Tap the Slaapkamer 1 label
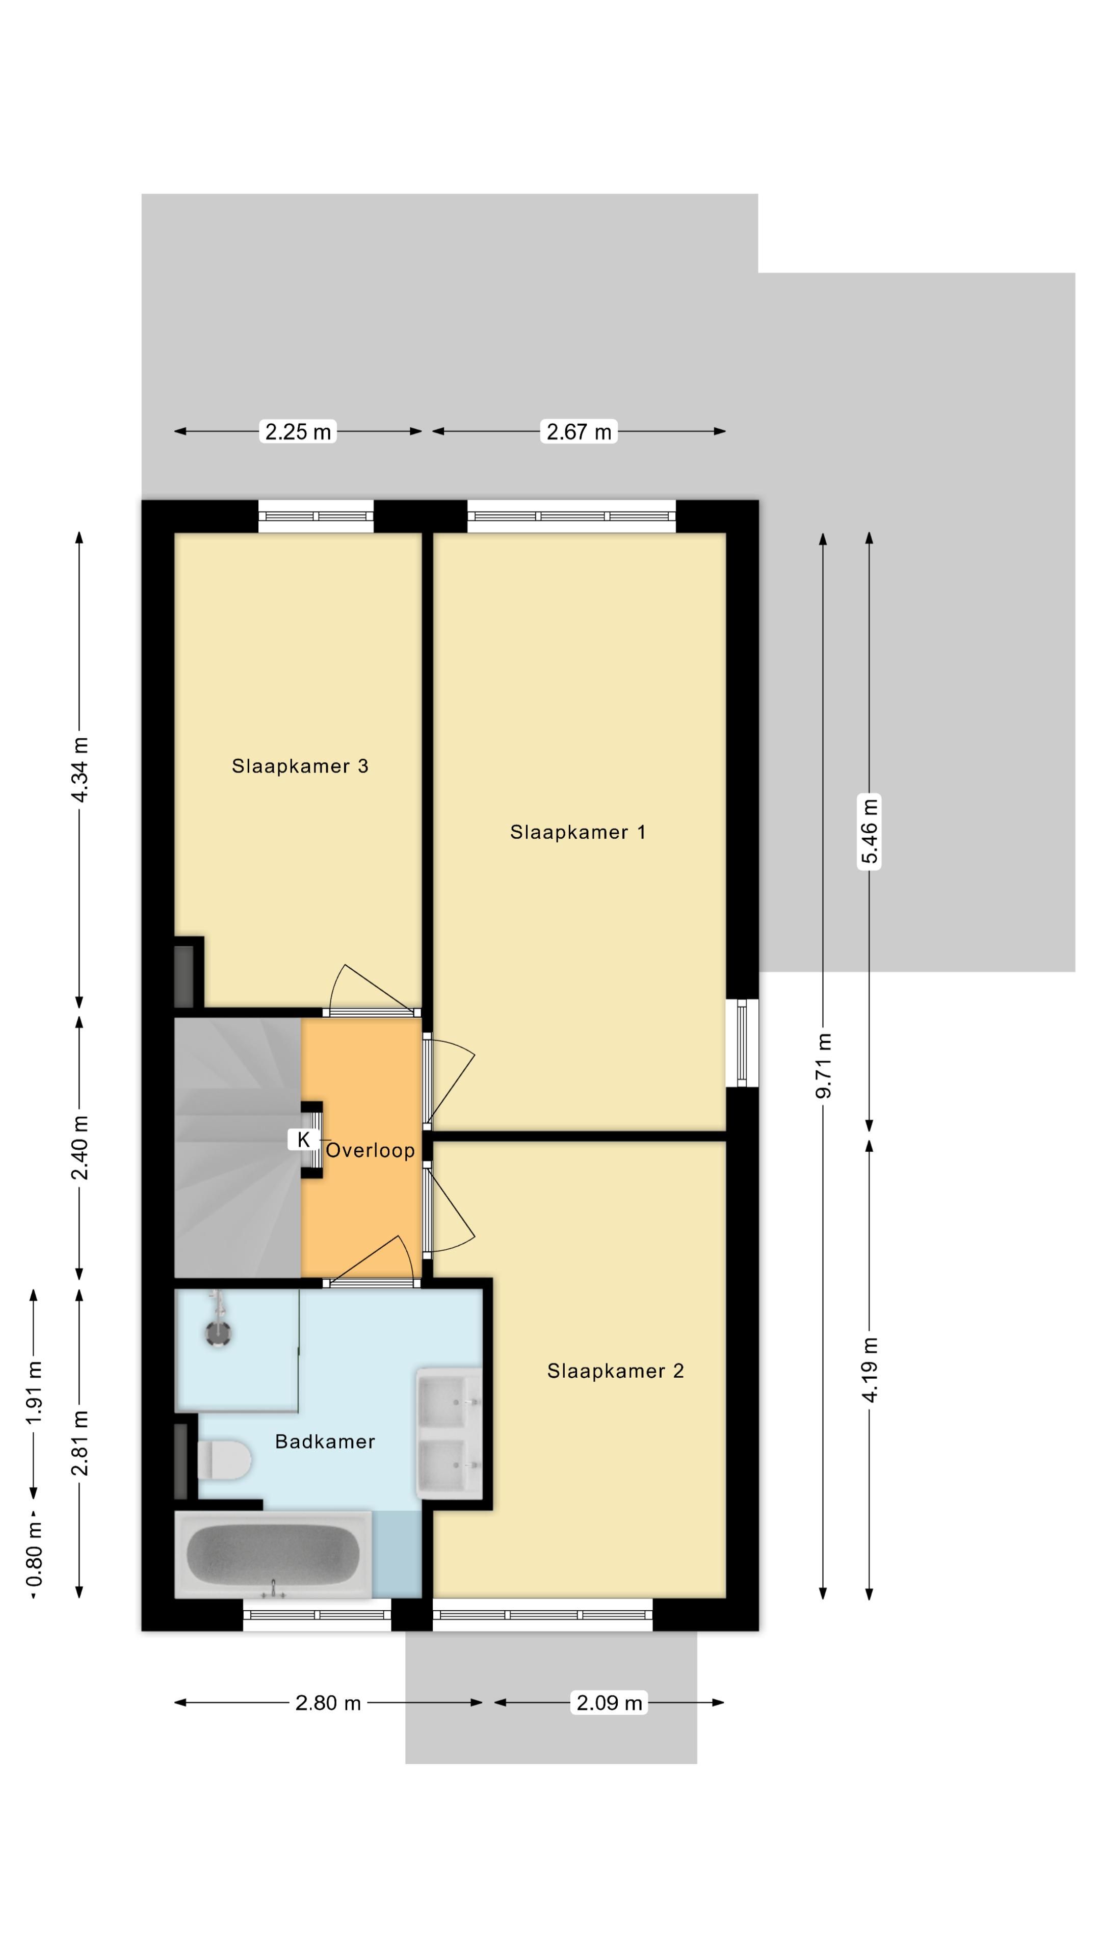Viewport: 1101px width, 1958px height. [x=578, y=832]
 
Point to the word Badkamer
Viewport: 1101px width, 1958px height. [x=325, y=1442]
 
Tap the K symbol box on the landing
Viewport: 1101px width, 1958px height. [x=304, y=1140]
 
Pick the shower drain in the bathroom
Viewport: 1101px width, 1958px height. [x=219, y=1333]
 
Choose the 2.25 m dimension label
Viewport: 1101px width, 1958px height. [x=298, y=432]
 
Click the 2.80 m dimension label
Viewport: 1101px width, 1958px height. [x=328, y=1703]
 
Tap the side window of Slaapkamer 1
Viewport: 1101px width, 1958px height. [x=742, y=1043]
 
